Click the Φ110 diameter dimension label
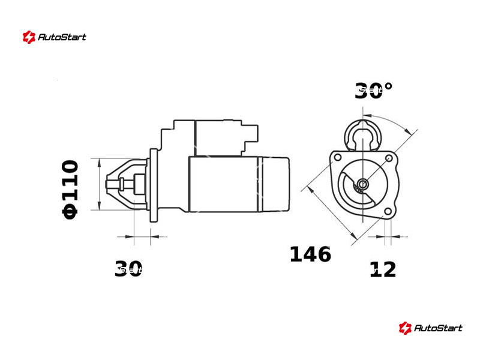70,190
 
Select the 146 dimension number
310,254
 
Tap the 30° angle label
373,91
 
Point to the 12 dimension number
383,269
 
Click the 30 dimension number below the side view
128,268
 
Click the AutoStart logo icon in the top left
29,37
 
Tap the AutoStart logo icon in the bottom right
405,328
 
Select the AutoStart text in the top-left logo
62,37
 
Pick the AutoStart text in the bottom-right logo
438,328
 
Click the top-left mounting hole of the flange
338,158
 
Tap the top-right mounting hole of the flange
389,158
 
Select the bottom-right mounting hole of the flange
388,211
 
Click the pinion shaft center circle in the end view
363,184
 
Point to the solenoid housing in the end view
363,136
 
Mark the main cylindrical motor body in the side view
239,184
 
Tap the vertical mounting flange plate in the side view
154,185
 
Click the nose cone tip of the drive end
108,184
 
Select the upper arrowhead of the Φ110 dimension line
99,163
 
